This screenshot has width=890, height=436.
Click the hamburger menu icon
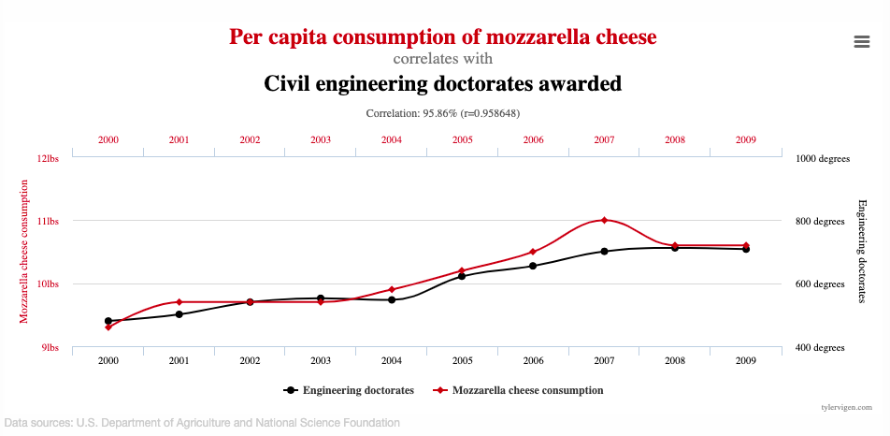pyautogui.click(x=862, y=41)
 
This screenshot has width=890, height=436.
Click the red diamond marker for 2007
pyautogui.click(x=605, y=220)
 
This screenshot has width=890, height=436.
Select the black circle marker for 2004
pyautogui.click(x=392, y=299)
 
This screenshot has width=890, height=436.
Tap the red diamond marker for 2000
pyautogui.click(x=108, y=327)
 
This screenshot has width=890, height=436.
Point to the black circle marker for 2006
pyautogui.click(x=533, y=266)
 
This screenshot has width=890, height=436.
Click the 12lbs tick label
pyautogui.click(x=47, y=158)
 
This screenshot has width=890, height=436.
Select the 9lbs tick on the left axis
pyautogui.click(x=50, y=347)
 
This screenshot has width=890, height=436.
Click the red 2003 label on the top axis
pyautogui.click(x=321, y=139)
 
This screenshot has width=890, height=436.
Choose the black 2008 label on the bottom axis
pyautogui.click(x=675, y=360)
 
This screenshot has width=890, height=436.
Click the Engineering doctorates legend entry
pyautogui.click(x=348, y=390)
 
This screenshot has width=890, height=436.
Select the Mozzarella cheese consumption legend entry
pyautogui.click(x=518, y=390)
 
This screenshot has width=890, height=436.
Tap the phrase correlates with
pyautogui.click(x=443, y=58)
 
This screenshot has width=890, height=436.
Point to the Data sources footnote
pyautogui.click(x=202, y=422)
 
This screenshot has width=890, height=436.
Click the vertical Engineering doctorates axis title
pyautogui.click(x=862, y=251)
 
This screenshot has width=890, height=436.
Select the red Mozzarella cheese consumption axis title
pyautogui.click(x=24, y=251)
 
